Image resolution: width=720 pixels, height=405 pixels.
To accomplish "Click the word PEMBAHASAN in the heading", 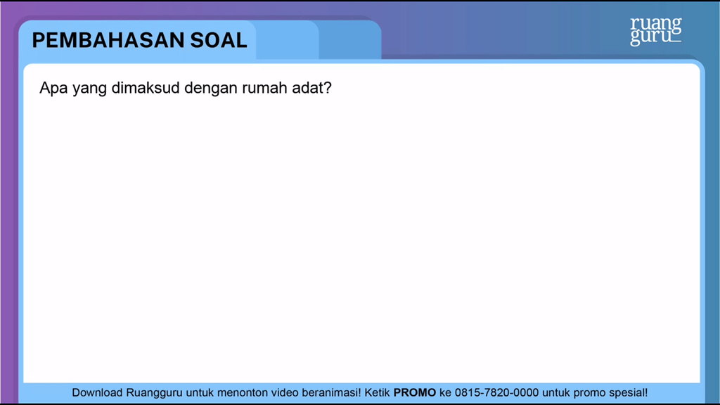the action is (108, 40).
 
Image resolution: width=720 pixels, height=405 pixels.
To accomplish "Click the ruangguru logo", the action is (656, 31).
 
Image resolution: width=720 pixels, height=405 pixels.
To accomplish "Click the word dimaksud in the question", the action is (146, 88).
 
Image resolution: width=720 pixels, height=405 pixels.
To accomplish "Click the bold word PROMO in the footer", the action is (415, 393).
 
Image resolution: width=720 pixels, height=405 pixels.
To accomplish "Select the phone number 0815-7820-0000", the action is (496, 393).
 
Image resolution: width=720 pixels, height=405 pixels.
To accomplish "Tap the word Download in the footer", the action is (97, 393).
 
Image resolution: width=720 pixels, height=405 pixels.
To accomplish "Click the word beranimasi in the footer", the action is (330, 393).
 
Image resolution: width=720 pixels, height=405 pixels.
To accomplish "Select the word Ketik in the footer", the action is (377, 393).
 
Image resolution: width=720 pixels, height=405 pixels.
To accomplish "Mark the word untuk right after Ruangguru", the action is (200, 393).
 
